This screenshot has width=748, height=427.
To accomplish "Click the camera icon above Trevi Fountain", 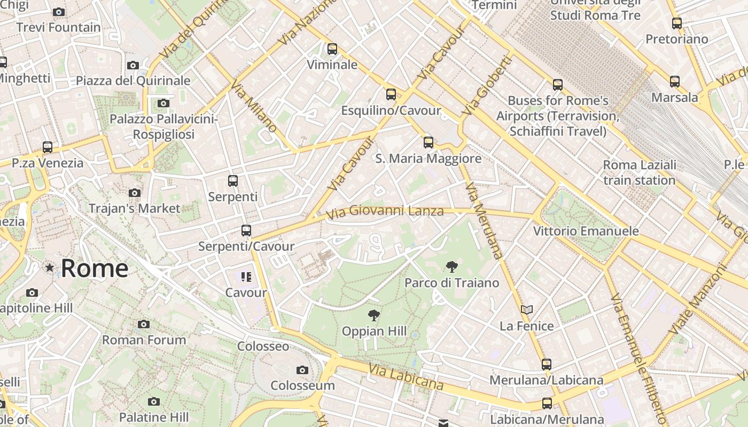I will click(x=59, y=12).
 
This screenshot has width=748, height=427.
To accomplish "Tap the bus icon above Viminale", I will click(x=332, y=49).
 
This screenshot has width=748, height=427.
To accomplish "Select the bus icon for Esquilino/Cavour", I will click(x=391, y=94).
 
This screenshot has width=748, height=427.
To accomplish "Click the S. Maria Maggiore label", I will click(x=428, y=159).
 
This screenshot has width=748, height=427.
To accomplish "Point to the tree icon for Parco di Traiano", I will click(x=452, y=267).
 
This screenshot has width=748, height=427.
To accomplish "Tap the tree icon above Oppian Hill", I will click(x=374, y=315).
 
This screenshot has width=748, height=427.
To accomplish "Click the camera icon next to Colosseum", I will click(x=302, y=370).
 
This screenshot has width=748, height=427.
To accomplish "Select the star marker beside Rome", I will click(x=50, y=267).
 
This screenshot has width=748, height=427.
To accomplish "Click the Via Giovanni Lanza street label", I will click(x=385, y=212).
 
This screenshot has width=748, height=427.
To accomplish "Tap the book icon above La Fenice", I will click(x=527, y=310).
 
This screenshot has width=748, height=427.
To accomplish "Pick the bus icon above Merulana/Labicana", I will click(x=546, y=365).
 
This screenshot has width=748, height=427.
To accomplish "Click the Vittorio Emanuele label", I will click(x=586, y=231).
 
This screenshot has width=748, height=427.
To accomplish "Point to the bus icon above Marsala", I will click(x=675, y=82).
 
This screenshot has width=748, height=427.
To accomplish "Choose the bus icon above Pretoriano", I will click(x=677, y=23).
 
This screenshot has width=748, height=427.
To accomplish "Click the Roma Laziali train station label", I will click(x=640, y=172).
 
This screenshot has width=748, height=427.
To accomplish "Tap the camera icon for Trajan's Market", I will click(x=135, y=193).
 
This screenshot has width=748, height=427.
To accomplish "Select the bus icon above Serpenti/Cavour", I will click(x=246, y=231).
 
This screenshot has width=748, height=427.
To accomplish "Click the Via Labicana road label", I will click(x=406, y=377).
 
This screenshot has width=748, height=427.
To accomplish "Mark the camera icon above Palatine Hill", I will click(x=154, y=401).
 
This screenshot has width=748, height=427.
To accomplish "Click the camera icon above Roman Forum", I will click(x=143, y=324).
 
